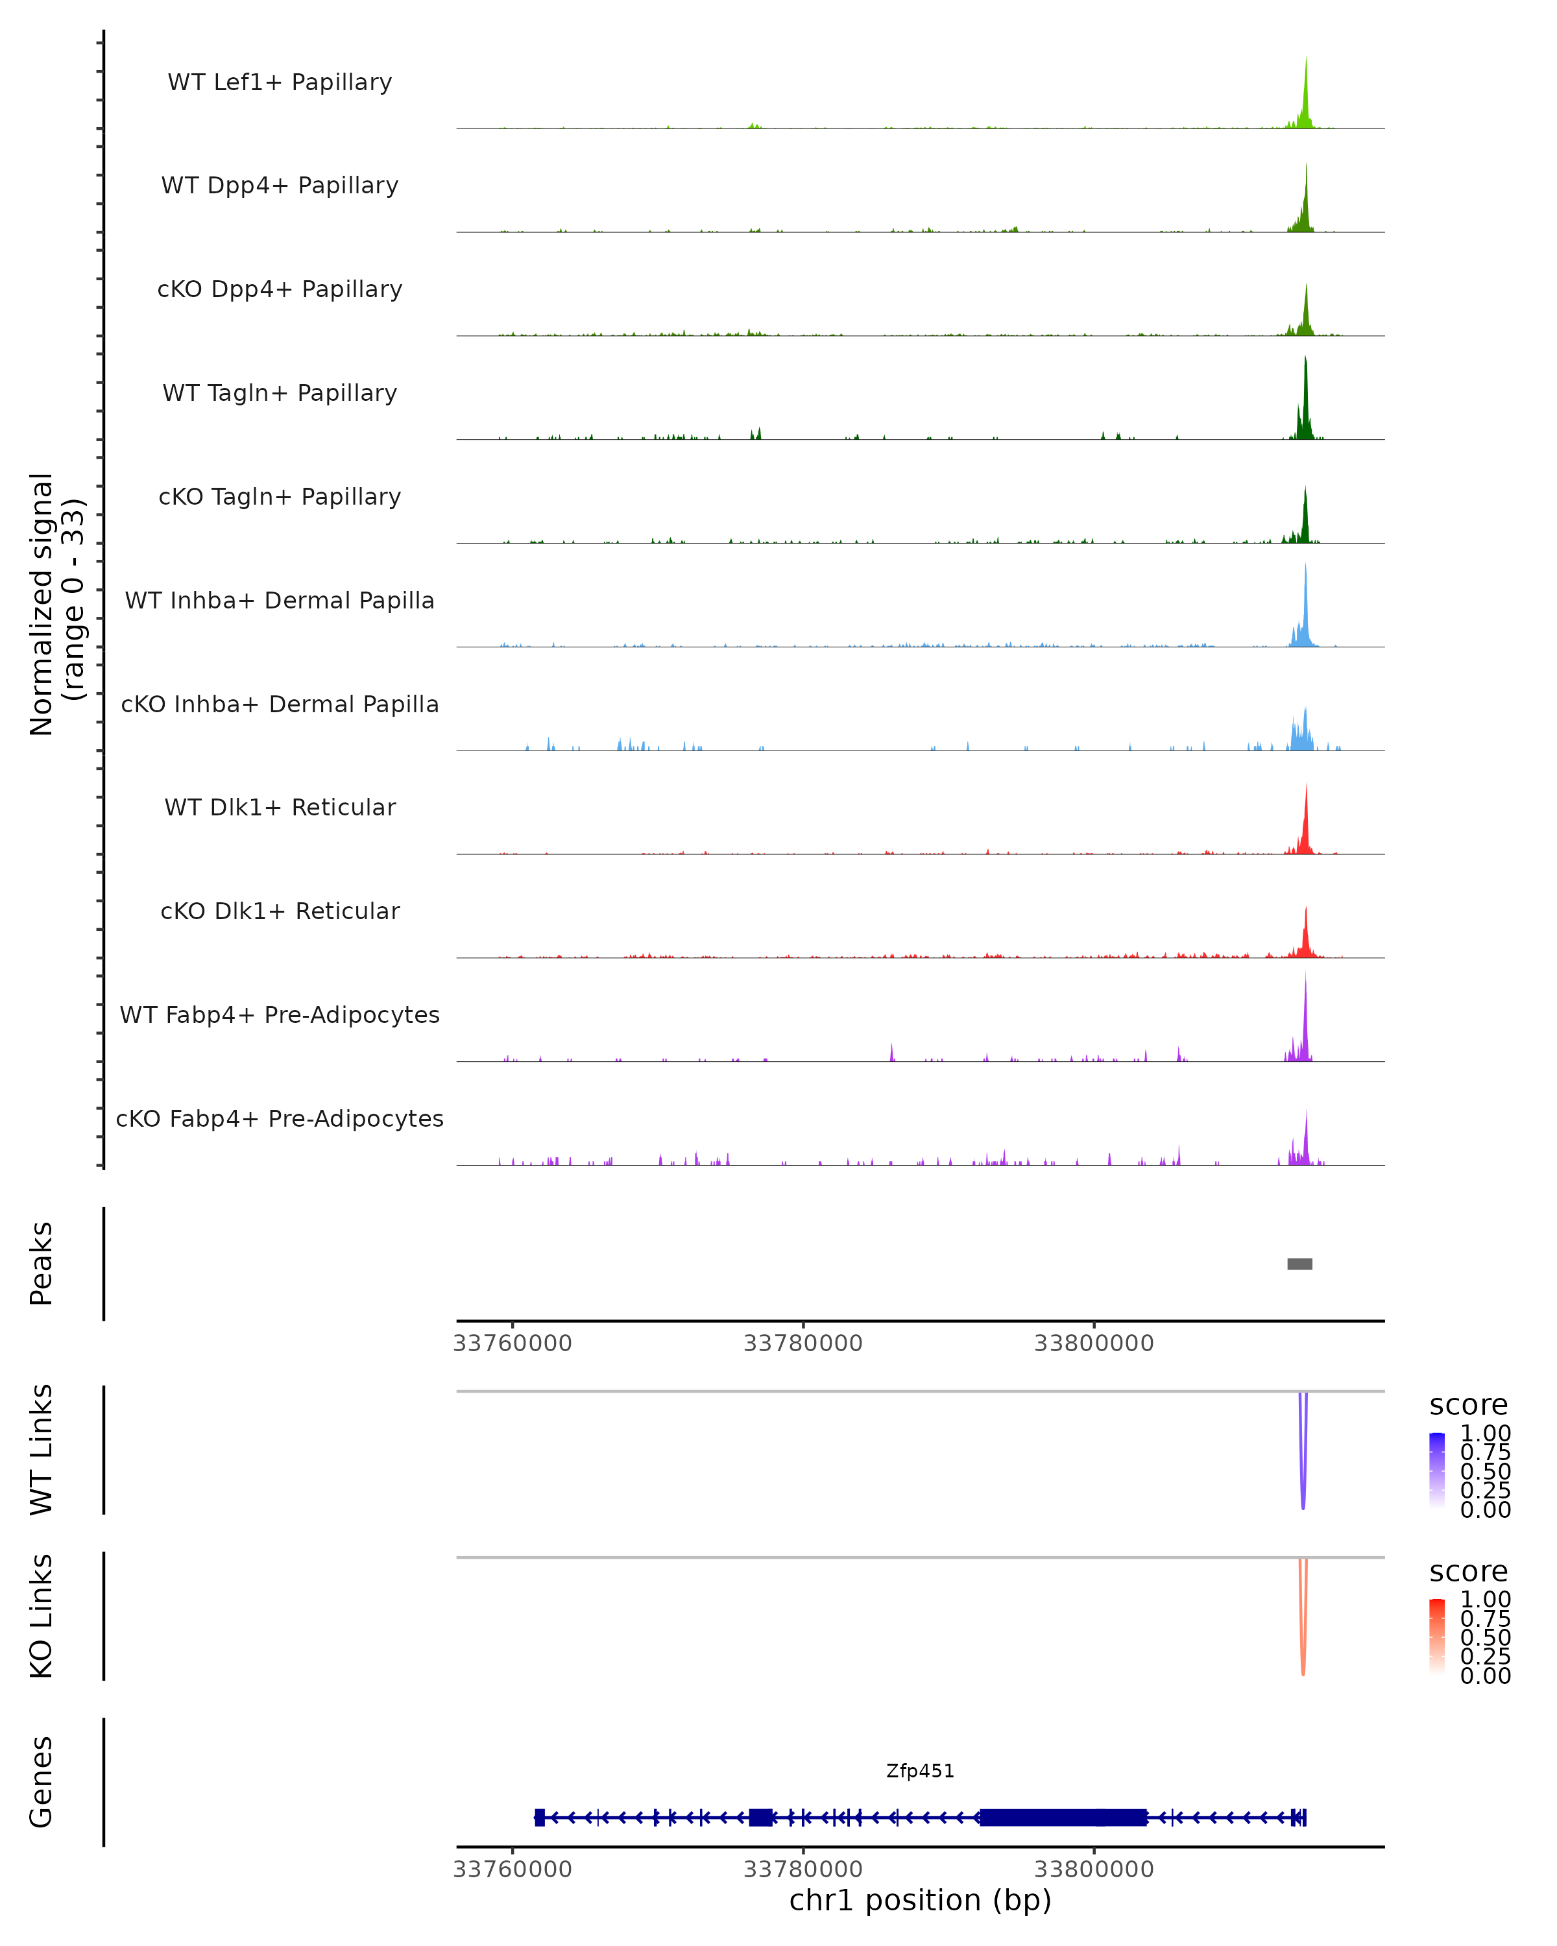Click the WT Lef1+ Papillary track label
coord(280,82)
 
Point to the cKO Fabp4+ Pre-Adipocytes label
coord(280,1118)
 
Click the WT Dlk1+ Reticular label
coord(280,807)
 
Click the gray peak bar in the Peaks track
coord(1299,1264)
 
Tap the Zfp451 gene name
coord(920,1771)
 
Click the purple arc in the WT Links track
coord(1303,1480)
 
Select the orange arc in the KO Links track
coord(1303,1647)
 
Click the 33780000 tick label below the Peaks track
coord(803,1343)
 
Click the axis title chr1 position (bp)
coord(920,1900)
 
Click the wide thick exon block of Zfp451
coord(1063,1817)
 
